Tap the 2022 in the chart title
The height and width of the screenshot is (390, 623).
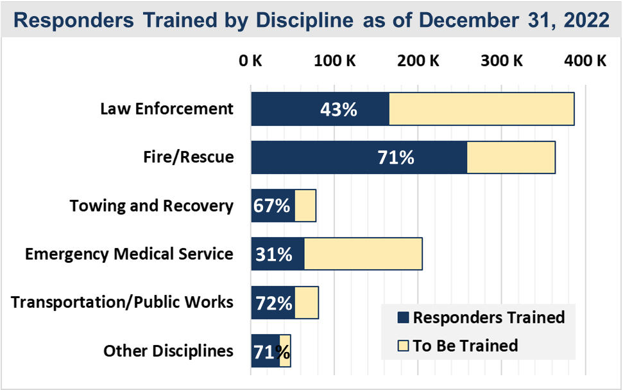point(585,20)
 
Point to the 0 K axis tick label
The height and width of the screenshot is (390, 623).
point(250,62)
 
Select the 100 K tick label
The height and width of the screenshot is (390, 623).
point(334,62)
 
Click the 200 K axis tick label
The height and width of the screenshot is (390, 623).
point(418,62)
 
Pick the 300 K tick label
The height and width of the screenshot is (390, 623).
point(502,62)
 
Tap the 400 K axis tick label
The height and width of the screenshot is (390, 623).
point(585,62)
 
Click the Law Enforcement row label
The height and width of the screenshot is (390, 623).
point(167,109)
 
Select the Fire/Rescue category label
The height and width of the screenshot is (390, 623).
point(189,157)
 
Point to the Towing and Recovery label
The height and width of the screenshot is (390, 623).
point(151,206)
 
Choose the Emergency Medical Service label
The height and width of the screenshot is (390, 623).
point(129,254)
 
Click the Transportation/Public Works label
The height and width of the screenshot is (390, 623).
point(122,302)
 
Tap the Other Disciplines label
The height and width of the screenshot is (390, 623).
point(168,351)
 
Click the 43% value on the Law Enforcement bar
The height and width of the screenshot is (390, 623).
point(338,109)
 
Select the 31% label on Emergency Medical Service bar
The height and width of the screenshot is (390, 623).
point(274,254)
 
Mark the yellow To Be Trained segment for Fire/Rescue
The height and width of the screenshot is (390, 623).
point(511,157)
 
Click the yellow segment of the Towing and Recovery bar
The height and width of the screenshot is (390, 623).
point(305,206)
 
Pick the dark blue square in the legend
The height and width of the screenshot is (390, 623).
point(403,318)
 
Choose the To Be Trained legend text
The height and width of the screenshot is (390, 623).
point(465,346)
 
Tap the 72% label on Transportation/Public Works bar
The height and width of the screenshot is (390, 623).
point(274,303)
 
